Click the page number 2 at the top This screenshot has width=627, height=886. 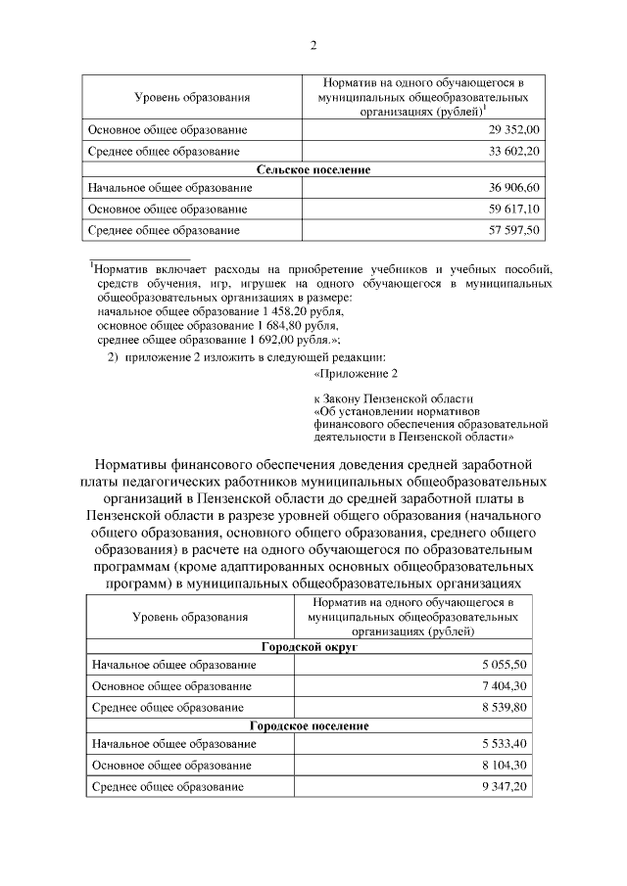coord(313,44)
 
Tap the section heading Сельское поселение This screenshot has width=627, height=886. coord(313,169)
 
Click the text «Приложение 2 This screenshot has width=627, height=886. coord(356,374)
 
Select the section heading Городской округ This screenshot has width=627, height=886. coord(310,647)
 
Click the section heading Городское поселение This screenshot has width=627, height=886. coord(310,725)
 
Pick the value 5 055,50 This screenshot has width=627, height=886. coord(506,666)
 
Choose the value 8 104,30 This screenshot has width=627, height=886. coord(506,765)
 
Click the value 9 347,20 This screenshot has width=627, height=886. coord(506,786)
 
